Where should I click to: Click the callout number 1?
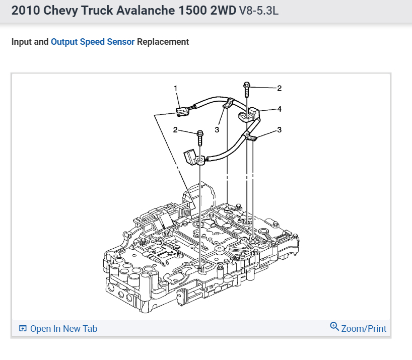[175, 88]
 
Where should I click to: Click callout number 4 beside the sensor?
[280, 109]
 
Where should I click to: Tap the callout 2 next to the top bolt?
[280, 88]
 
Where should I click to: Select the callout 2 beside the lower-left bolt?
[175, 130]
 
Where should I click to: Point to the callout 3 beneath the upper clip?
[217, 130]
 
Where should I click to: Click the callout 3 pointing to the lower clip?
[280, 130]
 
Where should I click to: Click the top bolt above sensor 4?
[247, 89]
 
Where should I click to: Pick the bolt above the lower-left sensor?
[200, 137]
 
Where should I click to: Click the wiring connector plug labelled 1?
[183, 111]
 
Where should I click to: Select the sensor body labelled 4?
[249, 114]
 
